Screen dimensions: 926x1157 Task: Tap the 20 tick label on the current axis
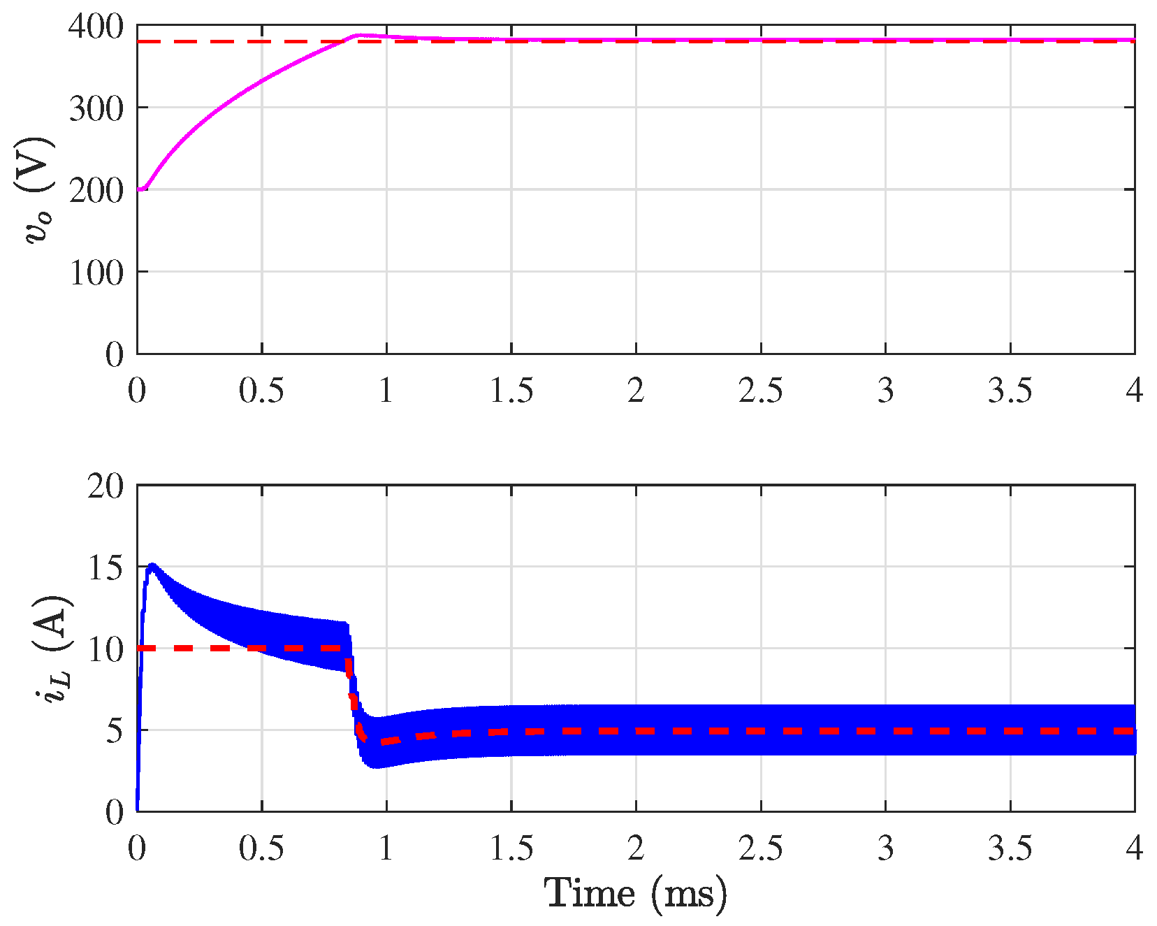[x=105, y=484]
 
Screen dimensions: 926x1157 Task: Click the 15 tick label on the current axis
[x=105, y=567]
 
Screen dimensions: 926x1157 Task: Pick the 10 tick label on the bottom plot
[x=105, y=649]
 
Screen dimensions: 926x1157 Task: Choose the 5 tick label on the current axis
[x=115, y=730]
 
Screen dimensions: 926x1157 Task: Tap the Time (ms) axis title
[x=635, y=894]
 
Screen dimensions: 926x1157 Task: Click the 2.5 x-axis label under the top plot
[x=761, y=390]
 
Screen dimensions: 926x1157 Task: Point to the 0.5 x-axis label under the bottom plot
[x=261, y=848]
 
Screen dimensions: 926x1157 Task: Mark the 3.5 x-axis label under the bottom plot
[x=1010, y=848]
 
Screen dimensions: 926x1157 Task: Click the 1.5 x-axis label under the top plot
[x=511, y=390]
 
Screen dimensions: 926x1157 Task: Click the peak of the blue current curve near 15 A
[x=152, y=565]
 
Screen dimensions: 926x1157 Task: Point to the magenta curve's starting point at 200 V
[x=138, y=189]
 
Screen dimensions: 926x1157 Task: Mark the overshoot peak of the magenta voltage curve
[x=359, y=35]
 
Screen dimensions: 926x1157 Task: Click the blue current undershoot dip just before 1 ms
[x=377, y=766]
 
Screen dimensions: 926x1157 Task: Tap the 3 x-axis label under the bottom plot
[x=885, y=848]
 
